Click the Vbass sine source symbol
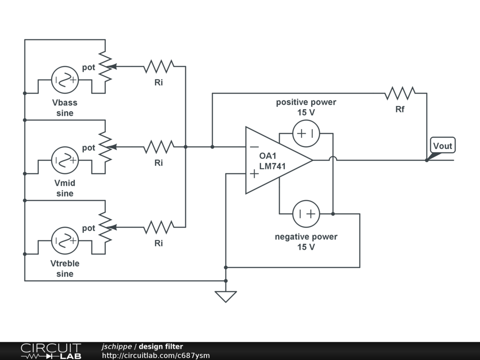(x=65, y=80)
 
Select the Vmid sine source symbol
(x=65, y=160)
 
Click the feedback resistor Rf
(x=400, y=93)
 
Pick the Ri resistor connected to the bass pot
(x=158, y=67)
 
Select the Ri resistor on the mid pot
(x=158, y=147)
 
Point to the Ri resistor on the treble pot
(x=158, y=228)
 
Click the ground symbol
(x=225, y=296)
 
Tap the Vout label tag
(x=442, y=146)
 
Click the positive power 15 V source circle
(x=306, y=134)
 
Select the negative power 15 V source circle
(x=306, y=214)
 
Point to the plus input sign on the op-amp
(x=254, y=174)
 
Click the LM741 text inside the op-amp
(x=272, y=166)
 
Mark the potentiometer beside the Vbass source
(x=106, y=67)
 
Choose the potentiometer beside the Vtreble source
(x=106, y=228)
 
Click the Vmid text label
(x=65, y=183)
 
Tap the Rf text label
(x=400, y=110)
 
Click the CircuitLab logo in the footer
(x=51, y=351)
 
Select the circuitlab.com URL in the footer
(x=156, y=356)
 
